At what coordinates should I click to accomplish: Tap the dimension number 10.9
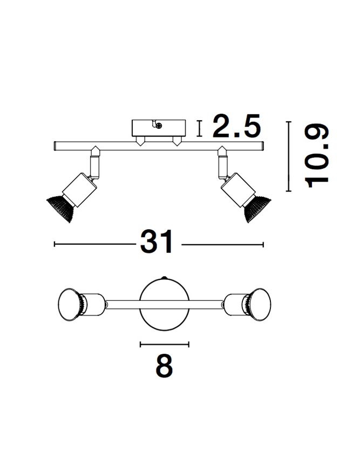point(318,156)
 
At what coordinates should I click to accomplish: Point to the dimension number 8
point(164,367)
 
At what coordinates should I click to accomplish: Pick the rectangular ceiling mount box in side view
point(159,128)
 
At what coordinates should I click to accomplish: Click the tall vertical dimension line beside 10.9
point(289,156)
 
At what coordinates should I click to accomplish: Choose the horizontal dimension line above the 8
point(165,344)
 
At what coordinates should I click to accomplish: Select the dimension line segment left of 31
point(94,244)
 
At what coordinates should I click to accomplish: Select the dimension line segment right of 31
point(222,244)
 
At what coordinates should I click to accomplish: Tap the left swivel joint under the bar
point(95,162)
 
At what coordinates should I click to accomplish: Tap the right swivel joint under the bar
point(222,162)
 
